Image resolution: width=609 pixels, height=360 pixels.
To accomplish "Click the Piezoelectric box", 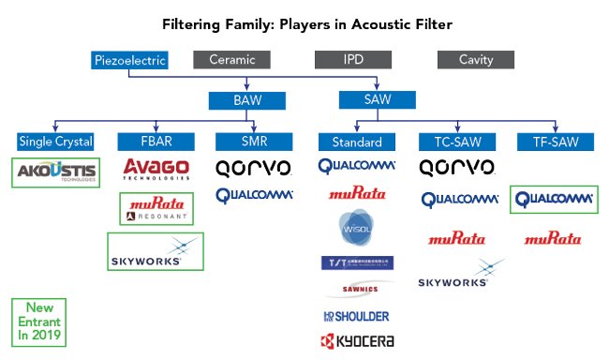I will [x=130, y=61].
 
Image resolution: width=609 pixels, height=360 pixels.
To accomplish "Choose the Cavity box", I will [x=476, y=61].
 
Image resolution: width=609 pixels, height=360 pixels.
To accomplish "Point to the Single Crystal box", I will [x=55, y=142].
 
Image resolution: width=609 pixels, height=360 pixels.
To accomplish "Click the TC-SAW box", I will [x=452, y=142].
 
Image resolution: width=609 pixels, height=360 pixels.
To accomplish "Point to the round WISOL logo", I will [x=355, y=229].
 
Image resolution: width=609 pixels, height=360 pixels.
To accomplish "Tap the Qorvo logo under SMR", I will [x=254, y=168].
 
